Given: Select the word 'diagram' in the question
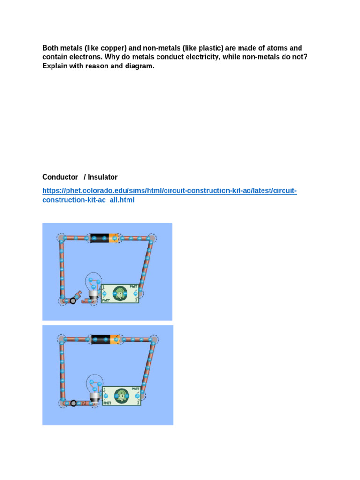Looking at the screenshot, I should click(x=139, y=66).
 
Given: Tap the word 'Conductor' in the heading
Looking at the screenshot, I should click(x=60, y=177).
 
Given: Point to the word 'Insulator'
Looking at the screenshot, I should click(x=103, y=177).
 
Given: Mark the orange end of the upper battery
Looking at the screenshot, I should click(x=113, y=239).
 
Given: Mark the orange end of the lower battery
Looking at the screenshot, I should click(x=115, y=339).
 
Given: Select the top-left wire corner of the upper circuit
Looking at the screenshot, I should click(x=61, y=238).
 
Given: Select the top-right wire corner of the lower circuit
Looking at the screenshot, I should click(x=154, y=339).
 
